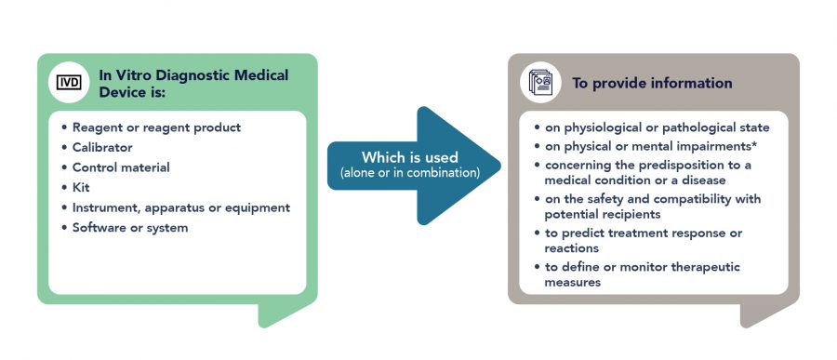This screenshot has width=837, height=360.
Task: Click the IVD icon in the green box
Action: (x=69, y=82)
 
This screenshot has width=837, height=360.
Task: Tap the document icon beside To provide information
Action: (x=539, y=82)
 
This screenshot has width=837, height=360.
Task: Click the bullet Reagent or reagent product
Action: (x=156, y=127)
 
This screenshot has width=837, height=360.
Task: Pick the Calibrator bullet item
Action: (x=102, y=147)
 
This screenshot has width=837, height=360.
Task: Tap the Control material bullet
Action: (x=121, y=167)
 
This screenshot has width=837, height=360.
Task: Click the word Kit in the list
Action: (x=82, y=187)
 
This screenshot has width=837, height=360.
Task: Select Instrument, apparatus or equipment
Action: (x=181, y=207)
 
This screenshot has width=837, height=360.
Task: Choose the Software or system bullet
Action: (x=130, y=228)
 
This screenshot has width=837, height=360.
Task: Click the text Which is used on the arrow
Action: (x=409, y=157)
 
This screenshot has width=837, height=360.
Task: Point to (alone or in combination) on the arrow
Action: (x=409, y=173)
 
